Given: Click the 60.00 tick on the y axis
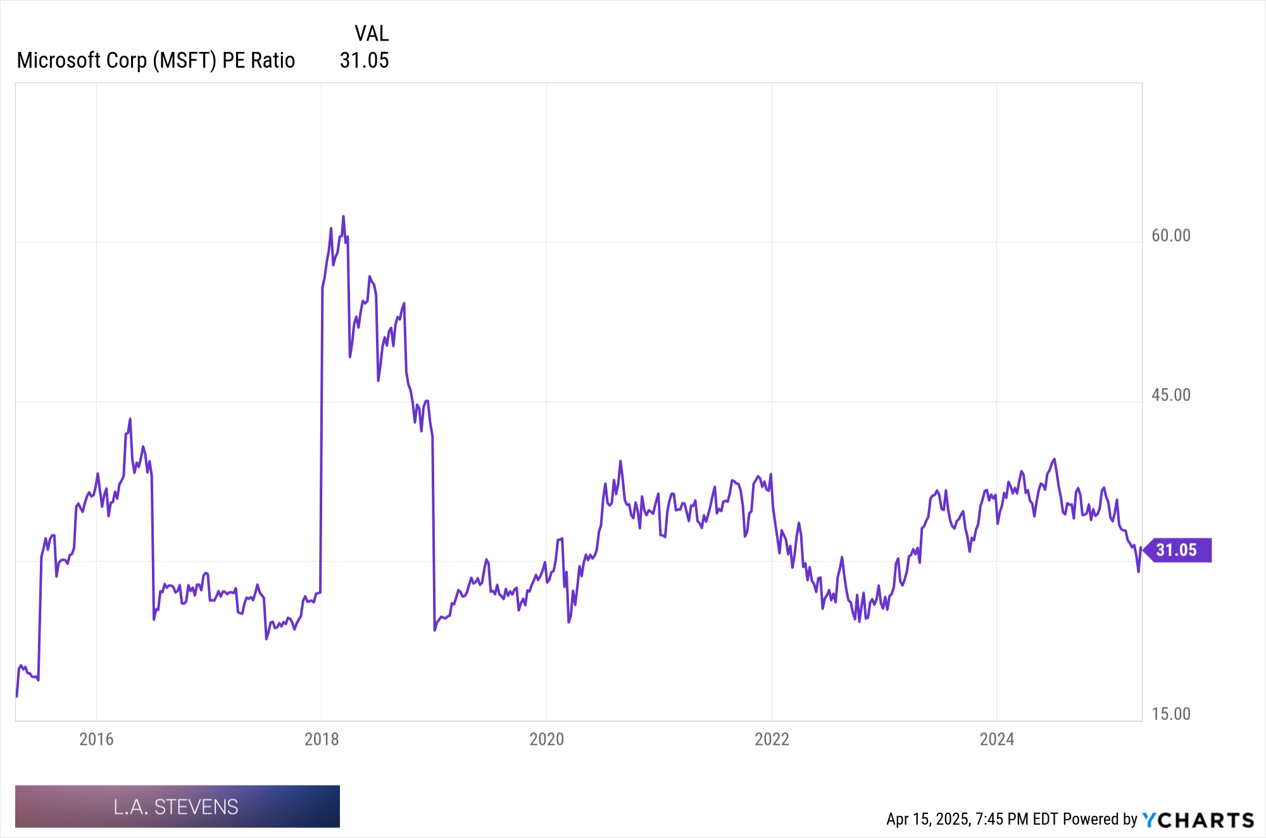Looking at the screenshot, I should (1170, 235).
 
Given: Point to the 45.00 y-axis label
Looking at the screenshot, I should (1170, 395).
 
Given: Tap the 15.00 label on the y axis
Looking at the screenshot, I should (1170, 714).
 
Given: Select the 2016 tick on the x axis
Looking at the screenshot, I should (96, 739).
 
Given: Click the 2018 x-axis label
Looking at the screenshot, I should (322, 739).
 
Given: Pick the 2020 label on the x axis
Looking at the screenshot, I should (546, 739).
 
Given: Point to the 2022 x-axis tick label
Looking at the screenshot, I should (772, 739).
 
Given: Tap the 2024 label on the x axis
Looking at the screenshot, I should (996, 739).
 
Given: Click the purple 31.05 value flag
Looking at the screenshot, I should (1177, 550).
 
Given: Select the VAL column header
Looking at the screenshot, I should (372, 34).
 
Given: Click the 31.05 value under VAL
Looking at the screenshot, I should (364, 61).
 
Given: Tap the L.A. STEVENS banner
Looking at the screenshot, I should (177, 806).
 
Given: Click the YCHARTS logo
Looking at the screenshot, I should (1198, 820).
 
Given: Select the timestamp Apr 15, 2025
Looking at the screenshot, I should (927, 819).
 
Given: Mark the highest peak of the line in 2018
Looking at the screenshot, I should (343, 216).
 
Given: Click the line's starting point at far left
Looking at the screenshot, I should (16, 696).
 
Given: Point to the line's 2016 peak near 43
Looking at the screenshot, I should (130, 419).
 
